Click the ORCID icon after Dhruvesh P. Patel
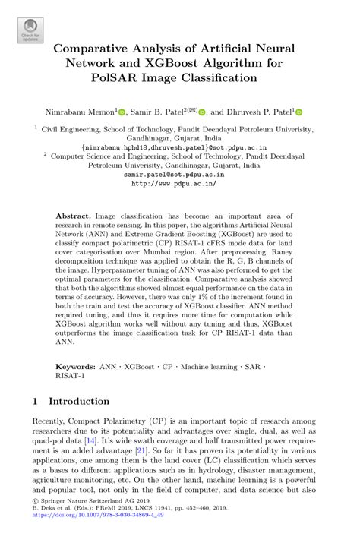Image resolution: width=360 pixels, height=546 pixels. (298, 112)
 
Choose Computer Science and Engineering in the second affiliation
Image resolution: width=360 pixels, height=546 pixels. (104, 156)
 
